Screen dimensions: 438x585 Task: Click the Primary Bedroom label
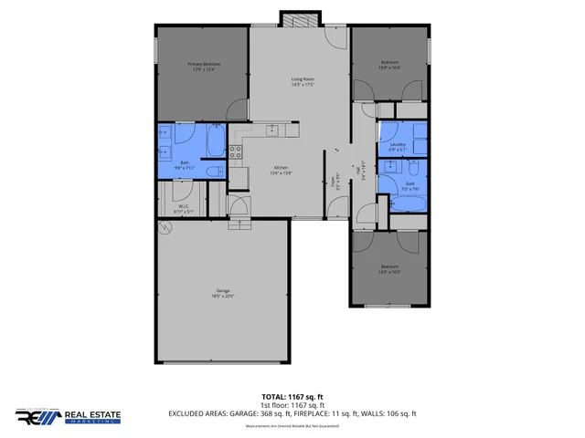(204, 66)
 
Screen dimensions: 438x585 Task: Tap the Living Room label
(303, 82)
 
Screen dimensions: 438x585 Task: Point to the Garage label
(222, 293)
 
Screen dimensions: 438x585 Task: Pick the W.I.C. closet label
(183, 208)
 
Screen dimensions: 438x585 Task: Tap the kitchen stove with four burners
(235, 152)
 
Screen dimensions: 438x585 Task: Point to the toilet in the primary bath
(213, 172)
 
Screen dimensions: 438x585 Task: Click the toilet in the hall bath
(414, 169)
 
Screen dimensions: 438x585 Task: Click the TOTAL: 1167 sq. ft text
(292, 397)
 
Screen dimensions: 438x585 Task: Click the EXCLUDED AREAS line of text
(292, 413)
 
